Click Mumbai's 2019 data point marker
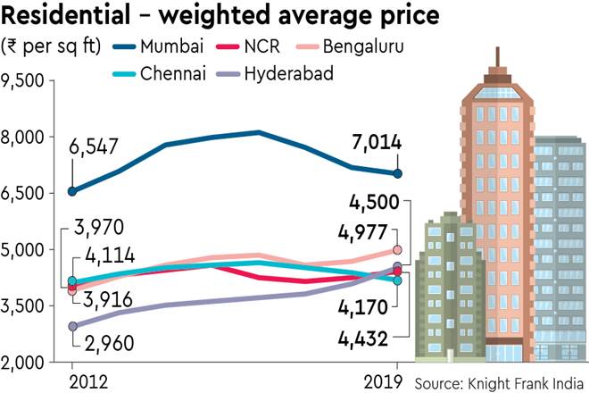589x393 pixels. pyautogui.click(x=398, y=173)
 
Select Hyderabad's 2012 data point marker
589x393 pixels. pyautogui.click(x=72, y=327)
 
